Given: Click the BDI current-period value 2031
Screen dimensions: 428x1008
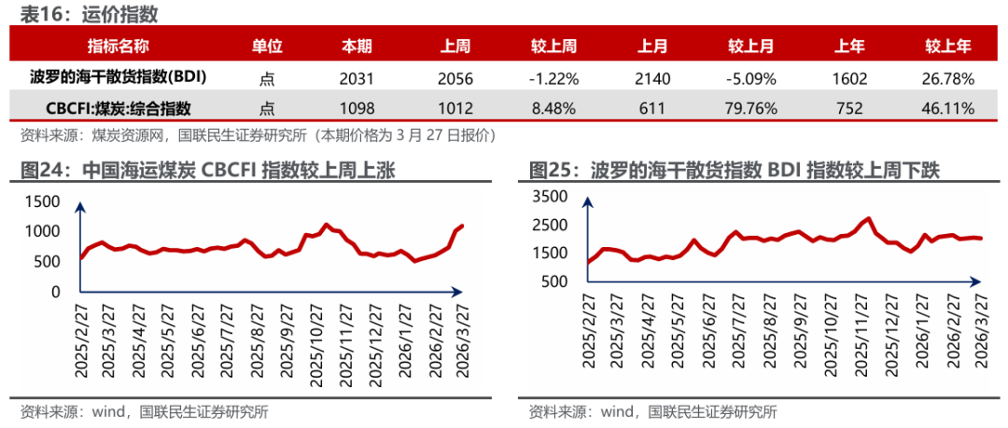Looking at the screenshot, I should pyautogui.click(x=356, y=78).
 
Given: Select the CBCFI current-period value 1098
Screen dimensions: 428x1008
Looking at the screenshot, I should pyautogui.click(x=356, y=108).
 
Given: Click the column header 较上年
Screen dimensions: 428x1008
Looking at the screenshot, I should pyautogui.click(x=948, y=47).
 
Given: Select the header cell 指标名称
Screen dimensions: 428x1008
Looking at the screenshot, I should pyautogui.click(x=118, y=47).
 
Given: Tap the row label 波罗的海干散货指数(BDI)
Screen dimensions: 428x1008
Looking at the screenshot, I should pyautogui.click(x=118, y=78).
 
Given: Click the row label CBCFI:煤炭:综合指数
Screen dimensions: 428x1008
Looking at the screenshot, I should pyautogui.click(x=118, y=108).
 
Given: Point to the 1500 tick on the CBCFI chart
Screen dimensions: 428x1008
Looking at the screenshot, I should pyautogui.click(x=42, y=200).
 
